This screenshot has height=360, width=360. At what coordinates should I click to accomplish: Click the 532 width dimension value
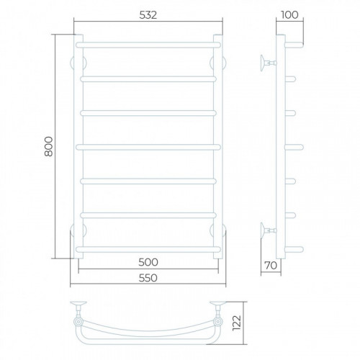coord(148,15)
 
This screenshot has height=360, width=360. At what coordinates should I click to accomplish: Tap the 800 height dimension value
coord(49,146)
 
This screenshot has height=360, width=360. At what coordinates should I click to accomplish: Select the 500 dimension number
coord(148,262)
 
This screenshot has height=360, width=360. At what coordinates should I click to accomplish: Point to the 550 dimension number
coord(148,278)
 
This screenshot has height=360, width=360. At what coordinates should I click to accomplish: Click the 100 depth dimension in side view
coord(289,15)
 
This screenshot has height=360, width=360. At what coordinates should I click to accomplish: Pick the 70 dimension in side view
coord(271,266)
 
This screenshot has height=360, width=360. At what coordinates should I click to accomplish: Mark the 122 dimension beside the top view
coord(237,323)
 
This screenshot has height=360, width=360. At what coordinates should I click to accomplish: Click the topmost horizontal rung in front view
coord(148,45)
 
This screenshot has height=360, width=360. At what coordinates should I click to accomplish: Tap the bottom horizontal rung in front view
coord(148,249)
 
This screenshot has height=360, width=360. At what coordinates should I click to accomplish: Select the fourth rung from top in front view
coord(148,147)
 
